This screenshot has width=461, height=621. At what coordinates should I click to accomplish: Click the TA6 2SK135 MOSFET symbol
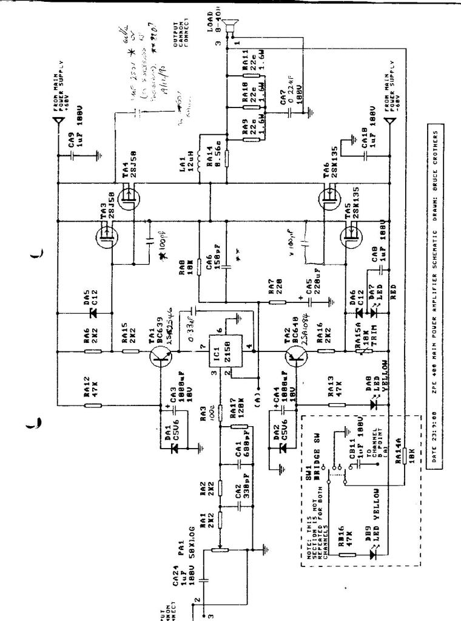pos(327,197)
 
